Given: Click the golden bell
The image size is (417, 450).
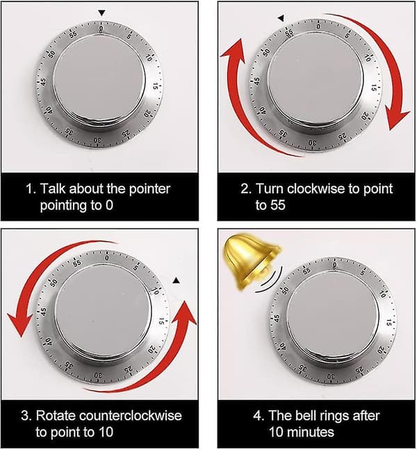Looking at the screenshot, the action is [250, 260].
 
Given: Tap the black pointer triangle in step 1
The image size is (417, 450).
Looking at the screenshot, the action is [101, 13].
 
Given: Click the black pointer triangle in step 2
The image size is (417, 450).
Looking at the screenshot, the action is [281, 19].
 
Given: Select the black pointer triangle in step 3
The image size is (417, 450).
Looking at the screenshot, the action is [177, 280].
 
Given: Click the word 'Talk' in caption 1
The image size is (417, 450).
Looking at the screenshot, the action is [53, 189].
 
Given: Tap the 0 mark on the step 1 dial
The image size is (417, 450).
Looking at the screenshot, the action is [101, 28].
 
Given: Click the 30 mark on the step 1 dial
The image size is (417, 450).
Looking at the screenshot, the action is [97, 140].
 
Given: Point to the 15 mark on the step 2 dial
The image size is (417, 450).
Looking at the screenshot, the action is [374, 87].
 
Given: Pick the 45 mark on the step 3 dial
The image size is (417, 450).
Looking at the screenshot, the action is [43, 311].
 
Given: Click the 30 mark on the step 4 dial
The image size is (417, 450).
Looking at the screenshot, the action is [331, 376].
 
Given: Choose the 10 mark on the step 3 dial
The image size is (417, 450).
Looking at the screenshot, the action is [155, 291].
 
